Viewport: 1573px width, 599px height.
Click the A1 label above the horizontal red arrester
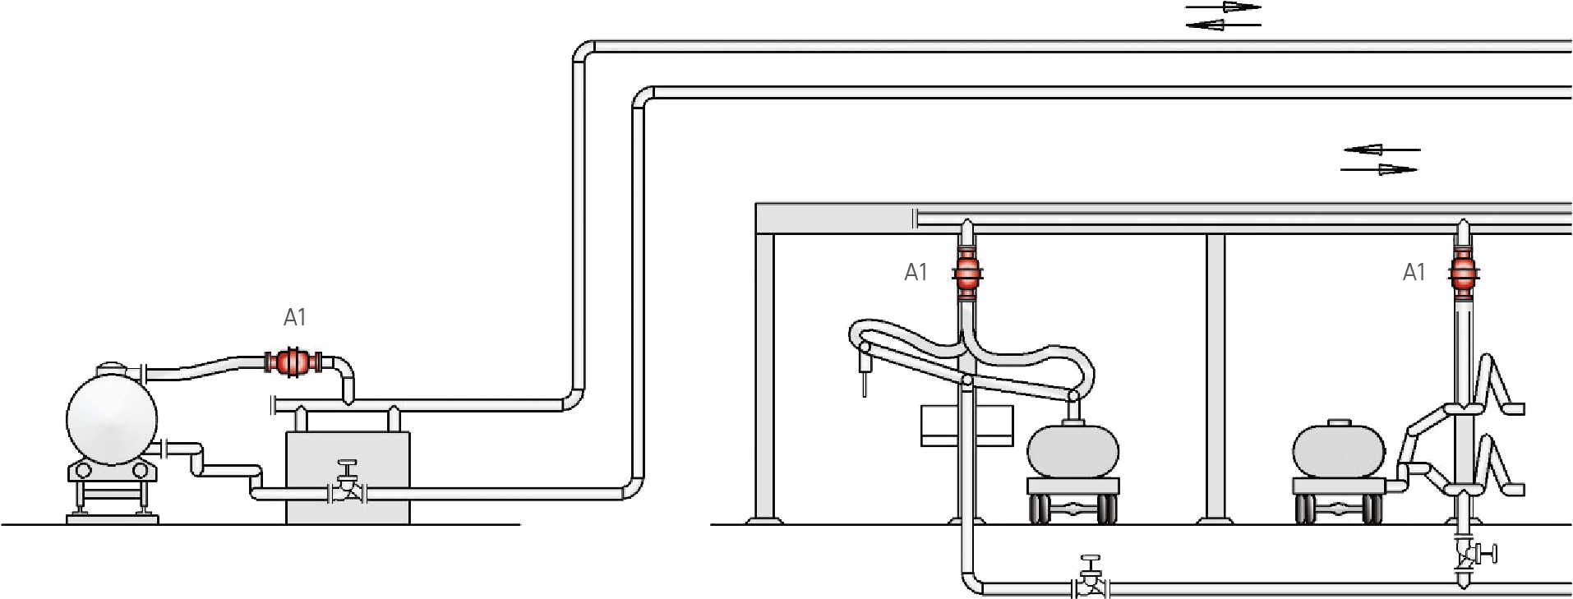pyautogui.click(x=294, y=318)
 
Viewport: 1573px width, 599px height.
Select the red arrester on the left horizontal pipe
pyautogui.click(x=290, y=362)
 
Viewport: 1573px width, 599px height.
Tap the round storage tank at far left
pyautogui.click(x=112, y=417)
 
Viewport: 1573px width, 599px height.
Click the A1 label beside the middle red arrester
pyautogui.click(x=916, y=273)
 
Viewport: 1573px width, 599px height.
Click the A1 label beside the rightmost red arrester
pyautogui.click(x=1414, y=273)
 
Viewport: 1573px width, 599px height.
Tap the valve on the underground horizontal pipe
pyautogui.click(x=1091, y=580)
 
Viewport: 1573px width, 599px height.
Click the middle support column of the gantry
pyautogui.click(x=1215, y=378)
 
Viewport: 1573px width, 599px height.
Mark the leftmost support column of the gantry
pyautogui.click(x=765, y=378)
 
